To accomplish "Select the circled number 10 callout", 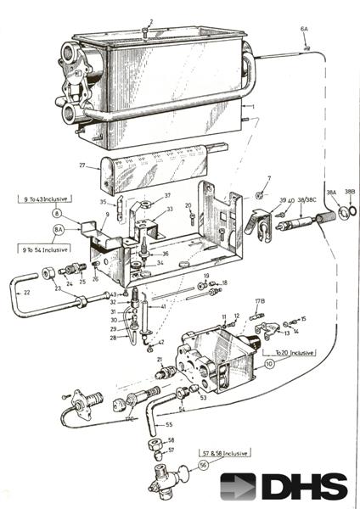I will point(270,363).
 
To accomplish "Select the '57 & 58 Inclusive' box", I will point(223,454).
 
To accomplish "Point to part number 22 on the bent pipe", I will point(26,293).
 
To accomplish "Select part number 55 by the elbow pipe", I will point(169,422).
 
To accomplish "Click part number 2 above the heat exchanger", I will point(150,22).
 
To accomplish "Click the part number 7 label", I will point(267,179).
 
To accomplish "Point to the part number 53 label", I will point(203,396).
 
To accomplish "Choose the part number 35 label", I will point(103,202).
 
